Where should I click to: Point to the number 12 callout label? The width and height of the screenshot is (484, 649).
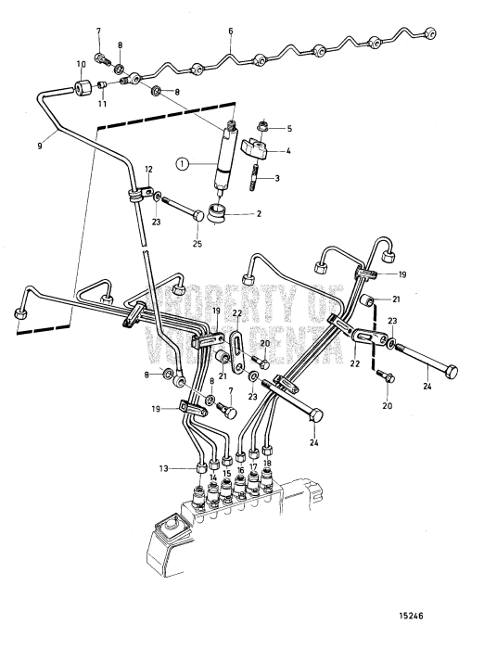[148, 169]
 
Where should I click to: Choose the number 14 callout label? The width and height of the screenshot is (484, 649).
[213, 478]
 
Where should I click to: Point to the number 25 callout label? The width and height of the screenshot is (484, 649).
[196, 245]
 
